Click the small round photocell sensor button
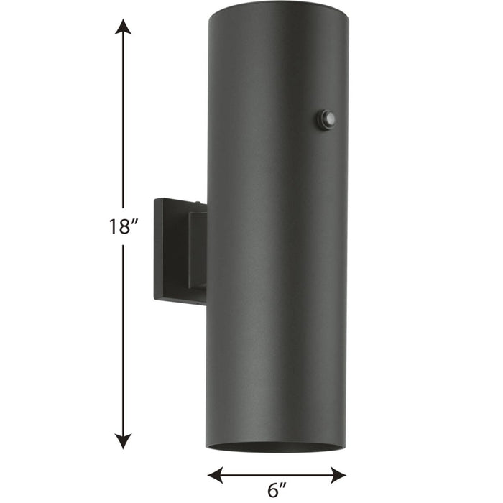(x=328, y=119)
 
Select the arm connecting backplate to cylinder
(x=197, y=248)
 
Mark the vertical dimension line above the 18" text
(x=124, y=122)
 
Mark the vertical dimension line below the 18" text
(x=124, y=338)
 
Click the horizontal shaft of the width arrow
(x=277, y=474)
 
